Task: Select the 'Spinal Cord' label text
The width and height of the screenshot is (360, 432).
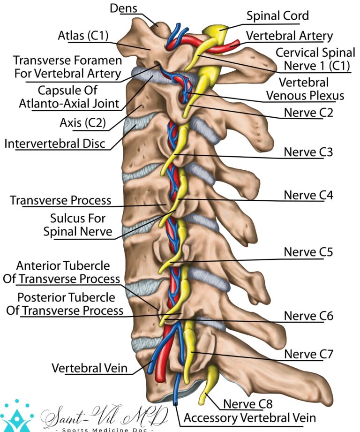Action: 278,15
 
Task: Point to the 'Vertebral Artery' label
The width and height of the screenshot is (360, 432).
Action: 289,36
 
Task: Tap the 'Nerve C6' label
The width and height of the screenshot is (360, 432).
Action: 308,316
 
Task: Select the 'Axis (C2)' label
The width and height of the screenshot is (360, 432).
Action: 82,123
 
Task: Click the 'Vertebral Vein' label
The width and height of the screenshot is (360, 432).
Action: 90,368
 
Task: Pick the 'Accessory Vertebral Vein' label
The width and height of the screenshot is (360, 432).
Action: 249,417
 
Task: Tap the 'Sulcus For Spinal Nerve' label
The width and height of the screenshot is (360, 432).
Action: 77,225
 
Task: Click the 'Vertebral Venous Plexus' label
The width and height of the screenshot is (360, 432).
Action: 305,89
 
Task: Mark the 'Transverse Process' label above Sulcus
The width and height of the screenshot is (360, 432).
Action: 60,200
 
